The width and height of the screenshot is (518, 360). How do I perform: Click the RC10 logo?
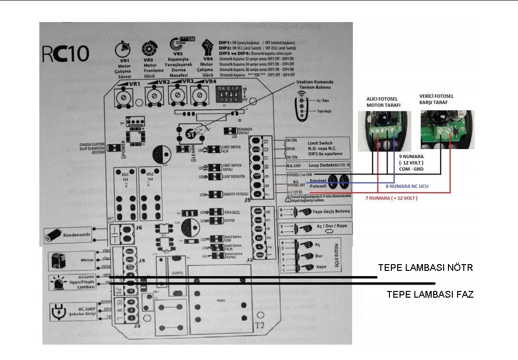tap(66, 53)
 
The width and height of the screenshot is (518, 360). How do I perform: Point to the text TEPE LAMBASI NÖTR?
tap(425, 267)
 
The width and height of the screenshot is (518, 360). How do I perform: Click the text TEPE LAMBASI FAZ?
tap(430, 294)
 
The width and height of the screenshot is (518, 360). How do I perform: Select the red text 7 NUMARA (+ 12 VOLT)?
tap(391, 198)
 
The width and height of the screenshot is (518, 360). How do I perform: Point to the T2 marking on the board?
tap(259, 325)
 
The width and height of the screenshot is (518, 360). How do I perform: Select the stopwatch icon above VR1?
tap(123, 49)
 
